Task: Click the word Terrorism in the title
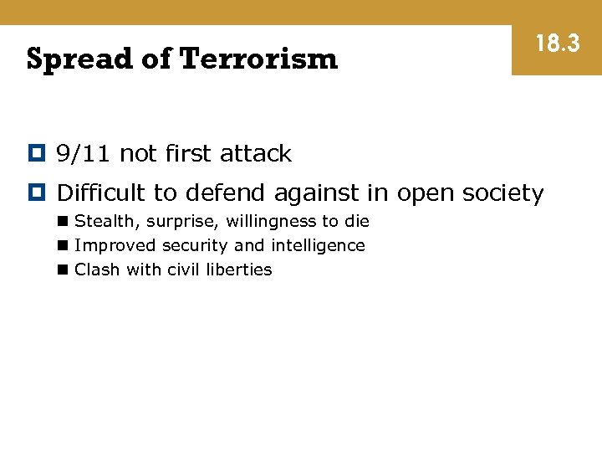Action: point(258,59)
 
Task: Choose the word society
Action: point(501,193)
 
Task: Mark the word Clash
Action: point(97,270)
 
